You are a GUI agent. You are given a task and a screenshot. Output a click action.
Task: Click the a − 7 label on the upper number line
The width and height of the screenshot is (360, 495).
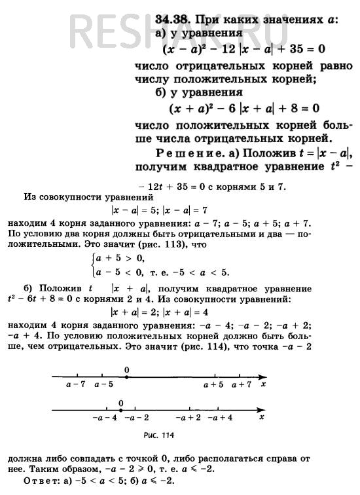[x=76, y=385]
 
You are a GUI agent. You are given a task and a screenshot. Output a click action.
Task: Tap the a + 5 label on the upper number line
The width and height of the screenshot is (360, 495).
[x=213, y=385]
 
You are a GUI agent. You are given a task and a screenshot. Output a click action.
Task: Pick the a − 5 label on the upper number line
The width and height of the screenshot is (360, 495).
[x=103, y=385]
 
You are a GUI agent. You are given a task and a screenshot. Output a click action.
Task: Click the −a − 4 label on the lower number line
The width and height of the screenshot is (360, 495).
[x=105, y=417]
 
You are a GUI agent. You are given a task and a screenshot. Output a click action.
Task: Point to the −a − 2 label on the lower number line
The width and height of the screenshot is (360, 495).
[x=136, y=417]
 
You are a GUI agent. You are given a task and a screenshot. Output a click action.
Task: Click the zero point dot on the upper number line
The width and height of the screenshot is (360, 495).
[x=126, y=376]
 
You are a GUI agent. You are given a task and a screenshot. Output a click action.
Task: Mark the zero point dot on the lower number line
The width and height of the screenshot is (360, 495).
[x=121, y=409]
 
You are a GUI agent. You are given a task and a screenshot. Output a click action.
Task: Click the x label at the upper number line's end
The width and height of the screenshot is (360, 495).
[x=263, y=385]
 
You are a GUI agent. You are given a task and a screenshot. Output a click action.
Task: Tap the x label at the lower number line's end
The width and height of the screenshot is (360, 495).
[x=261, y=416]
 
